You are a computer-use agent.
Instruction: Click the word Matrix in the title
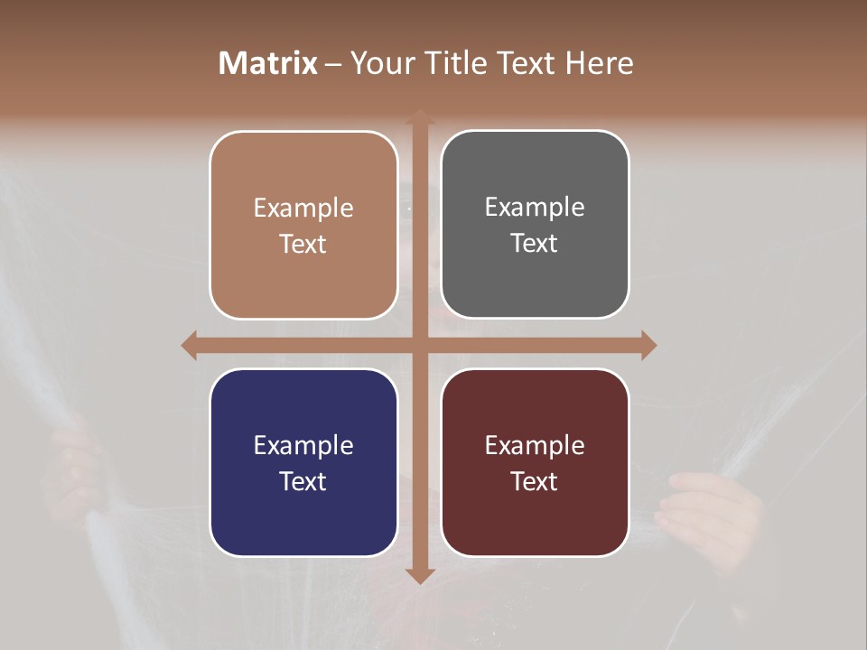(x=267, y=63)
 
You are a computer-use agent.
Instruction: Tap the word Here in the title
(x=600, y=63)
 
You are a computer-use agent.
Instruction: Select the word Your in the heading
(x=381, y=63)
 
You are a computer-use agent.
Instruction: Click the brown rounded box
(x=303, y=225)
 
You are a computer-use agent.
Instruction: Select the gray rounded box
(x=535, y=225)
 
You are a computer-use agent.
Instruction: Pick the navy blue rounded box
(x=303, y=462)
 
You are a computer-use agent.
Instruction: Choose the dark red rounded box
(x=535, y=462)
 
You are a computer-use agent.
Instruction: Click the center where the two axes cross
(x=419, y=345)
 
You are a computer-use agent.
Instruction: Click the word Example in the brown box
(x=303, y=209)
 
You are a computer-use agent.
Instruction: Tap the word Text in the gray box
(x=535, y=244)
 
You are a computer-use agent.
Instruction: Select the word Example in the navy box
(x=303, y=446)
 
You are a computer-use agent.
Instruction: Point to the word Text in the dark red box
(x=535, y=481)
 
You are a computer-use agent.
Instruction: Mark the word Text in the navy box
(x=303, y=481)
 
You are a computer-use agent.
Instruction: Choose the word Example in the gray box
(x=535, y=208)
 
